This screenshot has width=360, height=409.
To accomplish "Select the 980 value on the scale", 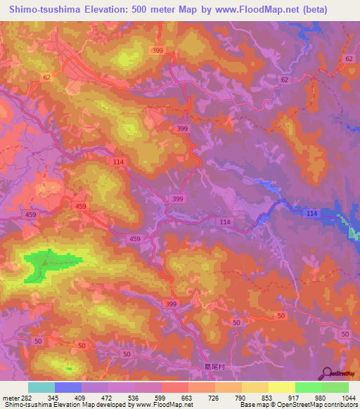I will coord(321,398).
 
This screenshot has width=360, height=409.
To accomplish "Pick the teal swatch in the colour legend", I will coord(41,388).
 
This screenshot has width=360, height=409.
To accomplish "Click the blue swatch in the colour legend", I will coord(68,388).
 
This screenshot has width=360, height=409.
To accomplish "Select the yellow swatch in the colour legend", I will coord(282,388).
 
